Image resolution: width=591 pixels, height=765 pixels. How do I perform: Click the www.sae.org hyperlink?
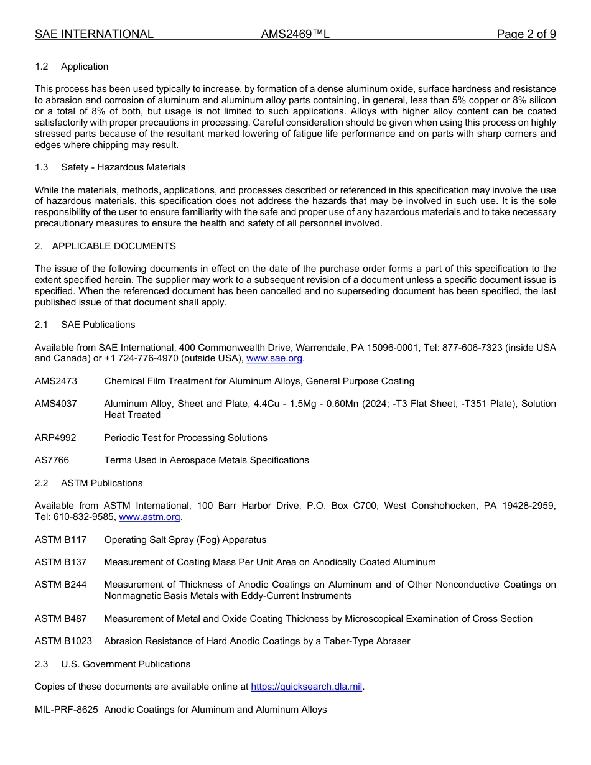click(274, 358)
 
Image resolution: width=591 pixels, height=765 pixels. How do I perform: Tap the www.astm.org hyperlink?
click(149, 517)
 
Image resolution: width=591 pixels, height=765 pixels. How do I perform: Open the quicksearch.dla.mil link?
click(306, 687)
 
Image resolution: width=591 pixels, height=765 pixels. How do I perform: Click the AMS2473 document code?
click(56, 381)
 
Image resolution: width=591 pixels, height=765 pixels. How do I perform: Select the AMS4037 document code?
click(56, 404)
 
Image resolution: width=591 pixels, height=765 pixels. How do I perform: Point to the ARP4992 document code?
click(55, 438)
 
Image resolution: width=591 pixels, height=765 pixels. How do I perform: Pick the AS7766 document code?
click(52, 460)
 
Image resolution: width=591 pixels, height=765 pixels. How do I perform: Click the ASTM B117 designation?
click(61, 540)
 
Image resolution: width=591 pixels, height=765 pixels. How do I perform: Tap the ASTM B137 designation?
click(61, 562)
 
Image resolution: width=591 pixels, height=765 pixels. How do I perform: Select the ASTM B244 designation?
click(61, 585)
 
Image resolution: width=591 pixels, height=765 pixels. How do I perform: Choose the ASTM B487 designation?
click(61, 619)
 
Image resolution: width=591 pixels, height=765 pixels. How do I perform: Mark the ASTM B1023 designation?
click(63, 641)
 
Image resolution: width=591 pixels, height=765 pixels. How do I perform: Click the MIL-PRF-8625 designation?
click(67, 710)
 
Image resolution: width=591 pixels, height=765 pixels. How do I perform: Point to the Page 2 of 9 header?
click(526, 34)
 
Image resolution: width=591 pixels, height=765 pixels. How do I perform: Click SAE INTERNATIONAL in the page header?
click(94, 34)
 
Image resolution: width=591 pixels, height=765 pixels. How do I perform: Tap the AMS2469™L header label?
click(295, 34)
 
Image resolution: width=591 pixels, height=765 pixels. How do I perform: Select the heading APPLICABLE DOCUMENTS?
click(114, 246)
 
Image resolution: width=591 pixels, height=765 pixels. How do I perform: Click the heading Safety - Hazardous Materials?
click(123, 167)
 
